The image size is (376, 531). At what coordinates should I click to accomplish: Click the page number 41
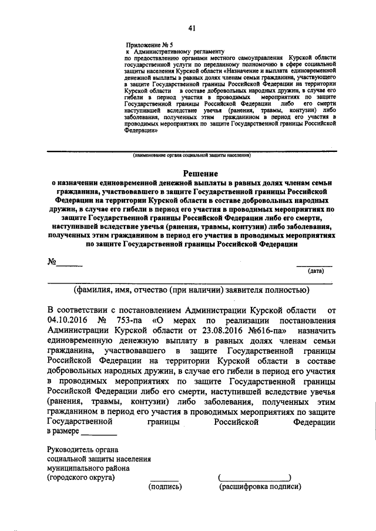(x=192, y=28)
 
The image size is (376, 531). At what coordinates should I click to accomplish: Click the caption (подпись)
(x=166, y=486)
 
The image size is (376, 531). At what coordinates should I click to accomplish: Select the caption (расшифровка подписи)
(x=260, y=486)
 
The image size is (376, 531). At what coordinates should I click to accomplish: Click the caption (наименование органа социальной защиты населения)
(x=192, y=156)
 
